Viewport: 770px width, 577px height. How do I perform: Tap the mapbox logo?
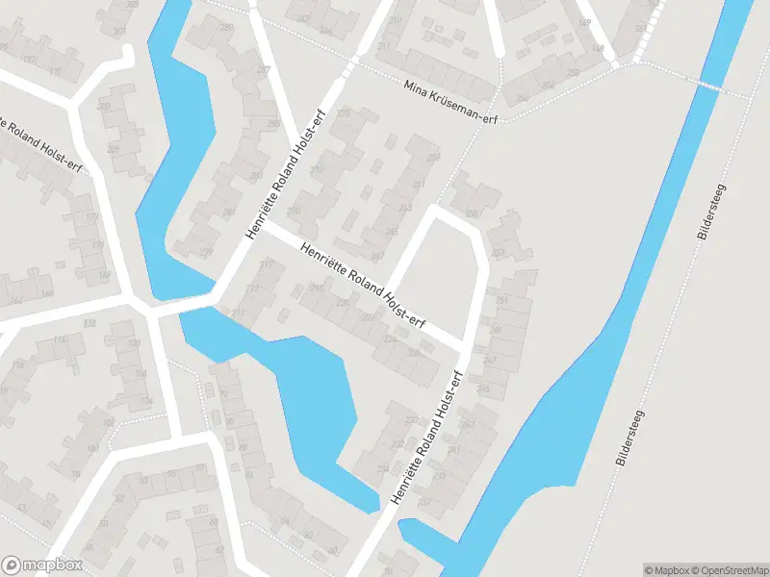[42, 565]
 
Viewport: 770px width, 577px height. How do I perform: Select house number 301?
[119, 31]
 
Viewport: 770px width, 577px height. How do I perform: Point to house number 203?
[103, 104]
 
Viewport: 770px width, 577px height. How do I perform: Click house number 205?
[113, 150]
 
